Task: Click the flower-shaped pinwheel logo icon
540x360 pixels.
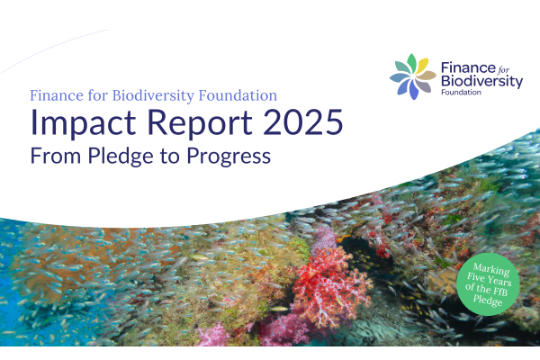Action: pos(414,76)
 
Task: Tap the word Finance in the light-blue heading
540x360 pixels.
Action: pos(59,94)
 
